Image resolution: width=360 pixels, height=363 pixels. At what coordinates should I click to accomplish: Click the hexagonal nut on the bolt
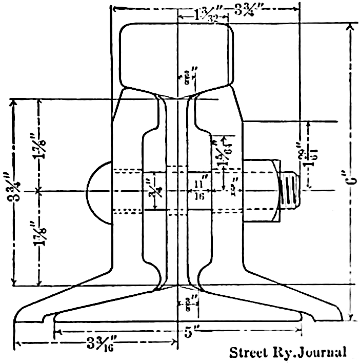[x=261, y=190]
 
